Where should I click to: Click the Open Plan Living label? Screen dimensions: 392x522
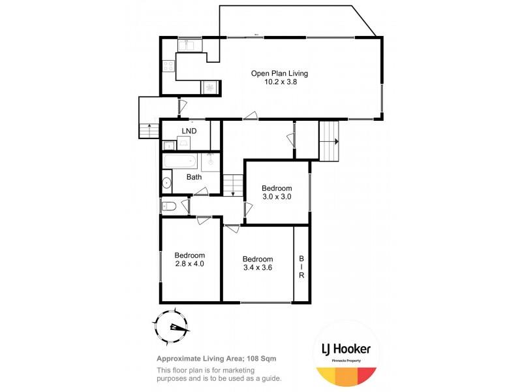pos(279,73)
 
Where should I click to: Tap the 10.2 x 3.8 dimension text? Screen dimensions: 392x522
pos(280,82)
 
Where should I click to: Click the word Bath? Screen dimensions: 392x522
pos(194,177)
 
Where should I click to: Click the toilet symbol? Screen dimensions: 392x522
pos(168,206)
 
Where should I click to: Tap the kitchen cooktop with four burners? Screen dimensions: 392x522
pos(168,65)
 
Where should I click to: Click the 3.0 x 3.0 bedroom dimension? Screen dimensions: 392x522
pos(277,197)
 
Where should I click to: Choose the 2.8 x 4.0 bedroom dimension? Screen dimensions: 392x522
pos(190,264)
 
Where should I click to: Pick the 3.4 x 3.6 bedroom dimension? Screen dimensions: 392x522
pos(257,267)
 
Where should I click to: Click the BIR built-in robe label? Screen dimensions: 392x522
pos(301,267)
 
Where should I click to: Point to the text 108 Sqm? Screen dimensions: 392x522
pos(269,358)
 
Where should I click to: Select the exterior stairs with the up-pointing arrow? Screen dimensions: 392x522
pos(149,130)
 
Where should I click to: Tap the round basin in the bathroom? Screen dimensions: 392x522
pos(167,183)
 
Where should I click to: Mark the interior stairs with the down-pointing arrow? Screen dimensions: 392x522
pos(233,185)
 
